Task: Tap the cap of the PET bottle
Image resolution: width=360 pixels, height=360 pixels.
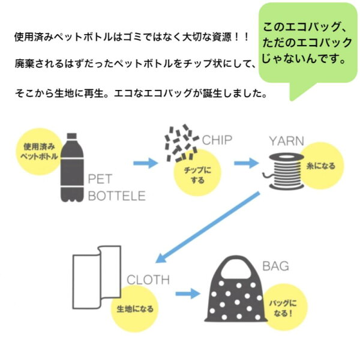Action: point(73,137)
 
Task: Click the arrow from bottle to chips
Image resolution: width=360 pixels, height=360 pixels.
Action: point(145,161)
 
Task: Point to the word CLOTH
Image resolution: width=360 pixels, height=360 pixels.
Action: point(148,280)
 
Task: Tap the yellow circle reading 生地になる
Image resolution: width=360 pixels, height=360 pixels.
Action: point(136,309)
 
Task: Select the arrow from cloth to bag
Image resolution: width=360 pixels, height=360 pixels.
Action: point(187,294)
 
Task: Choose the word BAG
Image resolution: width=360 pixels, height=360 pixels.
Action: point(275,265)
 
